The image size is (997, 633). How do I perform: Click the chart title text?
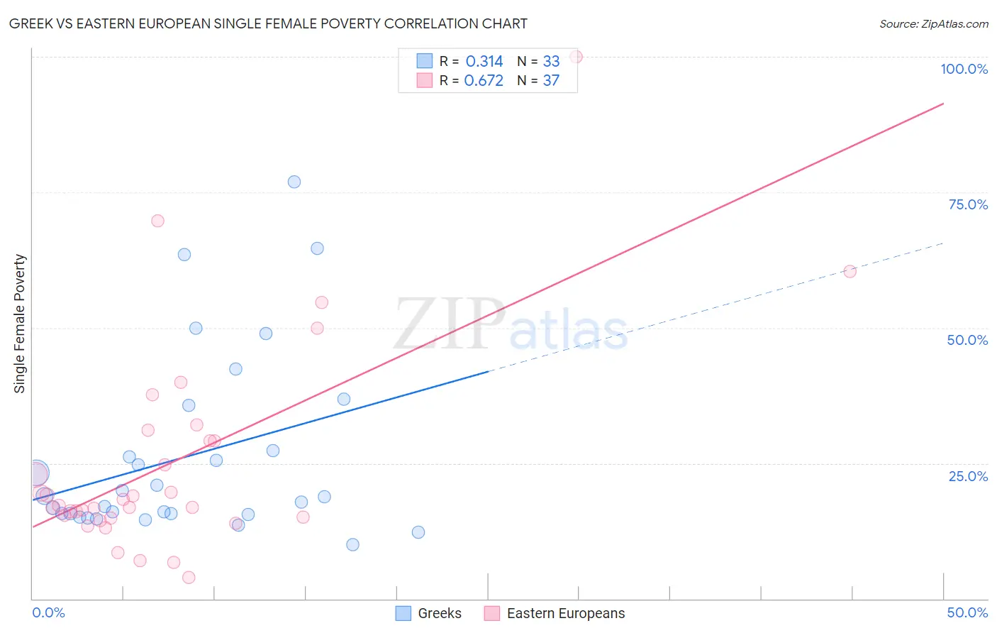(x=268, y=23)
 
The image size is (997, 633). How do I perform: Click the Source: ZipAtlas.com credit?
(x=933, y=23)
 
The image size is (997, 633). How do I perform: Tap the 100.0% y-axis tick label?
(x=964, y=69)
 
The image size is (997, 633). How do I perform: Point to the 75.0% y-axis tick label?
(x=967, y=204)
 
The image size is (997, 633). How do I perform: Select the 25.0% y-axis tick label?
(x=967, y=476)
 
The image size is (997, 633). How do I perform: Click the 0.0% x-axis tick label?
(x=48, y=612)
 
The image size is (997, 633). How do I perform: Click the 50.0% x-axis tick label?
(x=967, y=612)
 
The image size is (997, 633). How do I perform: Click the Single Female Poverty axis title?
(x=19, y=324)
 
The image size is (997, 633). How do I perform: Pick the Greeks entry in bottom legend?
(x=428, y=613)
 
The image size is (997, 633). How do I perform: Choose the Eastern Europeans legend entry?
(x=555, y=613)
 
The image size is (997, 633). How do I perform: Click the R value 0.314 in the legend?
(x=484, y=61)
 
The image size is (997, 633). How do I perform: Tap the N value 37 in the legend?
(x=551, y=81)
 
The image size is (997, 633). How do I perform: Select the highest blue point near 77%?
(x=294, y=182)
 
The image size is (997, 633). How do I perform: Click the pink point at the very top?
(x=576, y=57)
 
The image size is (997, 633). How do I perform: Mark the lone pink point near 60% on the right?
(x=850, y=271)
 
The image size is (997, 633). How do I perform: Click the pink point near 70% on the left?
(x=157, y=221)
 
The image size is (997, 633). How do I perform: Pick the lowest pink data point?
(x=189, y=578)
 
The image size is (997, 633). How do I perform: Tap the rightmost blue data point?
(x=418, y=532)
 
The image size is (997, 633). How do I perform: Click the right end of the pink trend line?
(x=943, y=104)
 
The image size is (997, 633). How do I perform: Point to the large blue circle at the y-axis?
(x=37, y=473)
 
